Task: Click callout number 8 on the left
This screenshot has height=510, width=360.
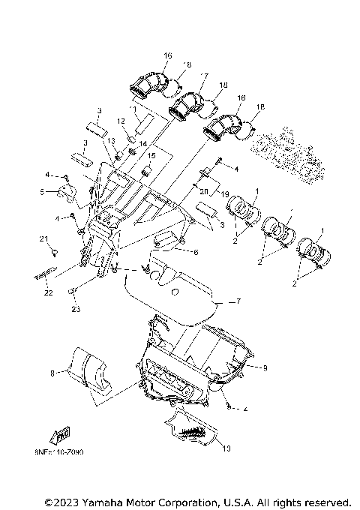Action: (52, 371)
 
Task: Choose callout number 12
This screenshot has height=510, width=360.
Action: (120, 121)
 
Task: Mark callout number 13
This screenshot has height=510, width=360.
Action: (110, 140)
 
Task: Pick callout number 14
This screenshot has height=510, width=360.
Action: (144, 143)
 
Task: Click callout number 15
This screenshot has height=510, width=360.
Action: (151, 156)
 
